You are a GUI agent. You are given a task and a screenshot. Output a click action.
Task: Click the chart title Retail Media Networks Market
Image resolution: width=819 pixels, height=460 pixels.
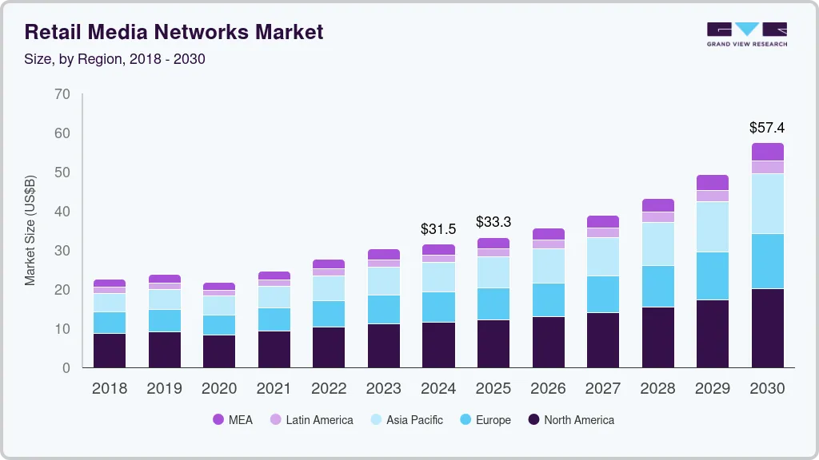point(174,32)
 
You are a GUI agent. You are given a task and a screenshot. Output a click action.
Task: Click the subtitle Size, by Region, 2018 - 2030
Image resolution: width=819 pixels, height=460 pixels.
point(115,59)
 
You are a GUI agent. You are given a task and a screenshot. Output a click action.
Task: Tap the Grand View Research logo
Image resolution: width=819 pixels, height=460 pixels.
point(746,34)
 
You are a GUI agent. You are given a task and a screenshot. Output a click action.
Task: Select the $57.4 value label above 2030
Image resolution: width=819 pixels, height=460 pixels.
point(766,128)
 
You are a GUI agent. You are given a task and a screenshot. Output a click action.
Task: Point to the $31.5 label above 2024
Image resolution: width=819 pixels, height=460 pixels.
point(438,229)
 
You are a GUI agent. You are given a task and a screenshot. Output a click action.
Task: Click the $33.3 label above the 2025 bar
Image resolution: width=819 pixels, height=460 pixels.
point(493,222)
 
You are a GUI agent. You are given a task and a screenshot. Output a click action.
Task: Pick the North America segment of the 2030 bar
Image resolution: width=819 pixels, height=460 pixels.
point(767,327)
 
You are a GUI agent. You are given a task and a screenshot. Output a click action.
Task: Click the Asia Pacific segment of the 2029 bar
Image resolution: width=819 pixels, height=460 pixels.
point(712,227)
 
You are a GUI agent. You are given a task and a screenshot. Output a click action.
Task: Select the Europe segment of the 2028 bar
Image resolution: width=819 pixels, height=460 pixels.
point(657,286)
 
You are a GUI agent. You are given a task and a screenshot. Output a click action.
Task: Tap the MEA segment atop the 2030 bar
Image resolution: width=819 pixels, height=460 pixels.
point(767,152)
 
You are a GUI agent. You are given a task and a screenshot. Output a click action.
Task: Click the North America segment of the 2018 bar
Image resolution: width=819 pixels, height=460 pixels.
point(110,350)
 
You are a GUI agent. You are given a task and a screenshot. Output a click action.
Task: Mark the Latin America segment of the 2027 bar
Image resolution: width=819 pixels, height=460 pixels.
point(602,232)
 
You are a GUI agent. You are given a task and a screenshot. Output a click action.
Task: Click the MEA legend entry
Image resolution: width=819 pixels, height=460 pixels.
point(233,420)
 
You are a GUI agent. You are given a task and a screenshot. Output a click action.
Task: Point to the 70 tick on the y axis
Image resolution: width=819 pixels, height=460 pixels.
point(62,94)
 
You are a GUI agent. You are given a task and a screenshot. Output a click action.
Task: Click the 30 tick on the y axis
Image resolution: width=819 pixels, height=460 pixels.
point(62,251)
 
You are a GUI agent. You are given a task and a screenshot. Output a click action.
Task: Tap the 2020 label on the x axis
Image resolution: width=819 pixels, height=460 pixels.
point(219,389)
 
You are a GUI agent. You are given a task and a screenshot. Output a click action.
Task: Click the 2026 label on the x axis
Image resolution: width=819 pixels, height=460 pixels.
point(548,389)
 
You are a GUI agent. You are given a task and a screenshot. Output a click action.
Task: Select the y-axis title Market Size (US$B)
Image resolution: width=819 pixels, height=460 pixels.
point(30,230)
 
